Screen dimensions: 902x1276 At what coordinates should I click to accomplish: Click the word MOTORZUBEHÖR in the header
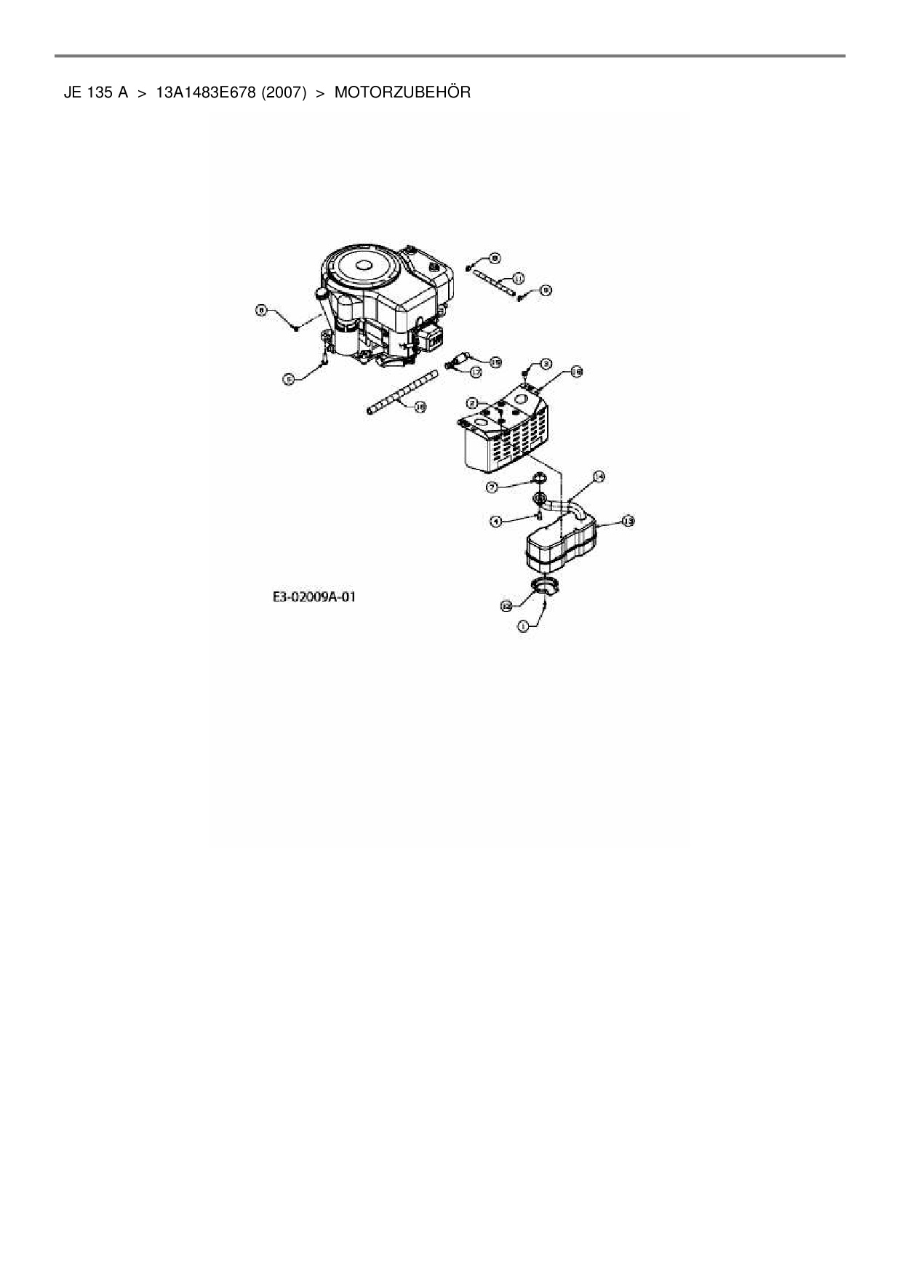point(402,92)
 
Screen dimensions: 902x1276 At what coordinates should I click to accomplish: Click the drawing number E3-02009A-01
point(314,597)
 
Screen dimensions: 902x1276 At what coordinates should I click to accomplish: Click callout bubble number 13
point(628,521)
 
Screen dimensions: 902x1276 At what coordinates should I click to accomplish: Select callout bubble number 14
point(599,476)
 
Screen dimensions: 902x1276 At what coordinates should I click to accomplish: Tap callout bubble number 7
point(513,485)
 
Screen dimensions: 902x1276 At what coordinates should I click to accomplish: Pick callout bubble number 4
point(496,521)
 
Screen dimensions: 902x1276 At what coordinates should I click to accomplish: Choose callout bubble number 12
point(506,605)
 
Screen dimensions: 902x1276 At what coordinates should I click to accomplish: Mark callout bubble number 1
point(522,625)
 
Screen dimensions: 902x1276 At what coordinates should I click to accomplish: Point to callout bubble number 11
point(518,278)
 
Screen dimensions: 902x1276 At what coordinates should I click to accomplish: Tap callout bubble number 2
point(472,402)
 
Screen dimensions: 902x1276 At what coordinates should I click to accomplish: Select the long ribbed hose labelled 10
point(402,392)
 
